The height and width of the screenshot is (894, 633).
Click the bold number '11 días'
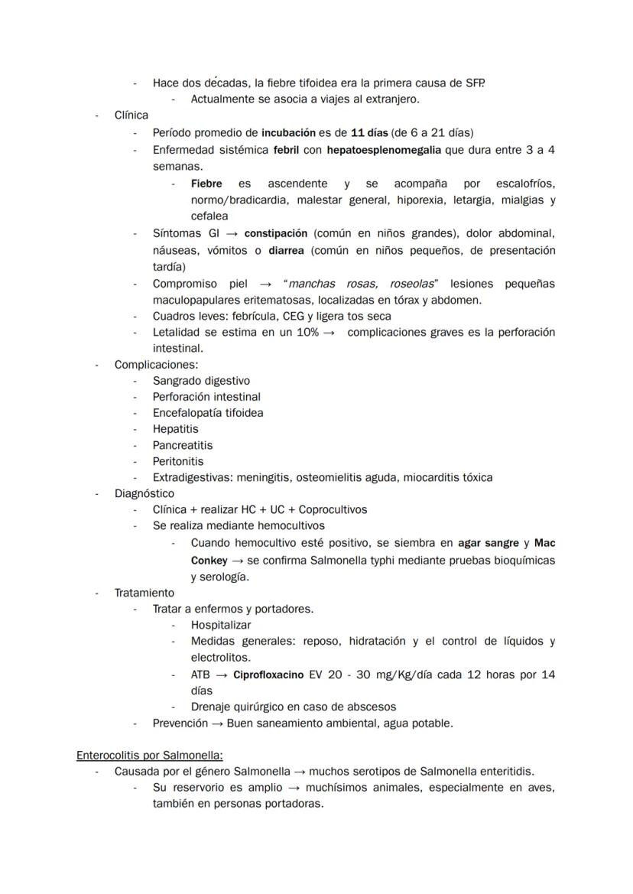369,132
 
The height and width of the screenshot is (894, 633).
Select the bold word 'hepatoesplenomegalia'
383,150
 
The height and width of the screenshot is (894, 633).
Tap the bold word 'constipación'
276,232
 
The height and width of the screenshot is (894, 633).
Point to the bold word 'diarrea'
288,250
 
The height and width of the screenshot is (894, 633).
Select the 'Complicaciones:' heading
156,365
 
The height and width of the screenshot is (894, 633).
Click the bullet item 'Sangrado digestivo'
201,381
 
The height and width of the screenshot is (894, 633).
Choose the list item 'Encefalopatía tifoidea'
208,413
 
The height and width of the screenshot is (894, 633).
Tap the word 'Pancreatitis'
183,445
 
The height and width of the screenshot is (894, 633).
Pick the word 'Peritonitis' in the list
178,461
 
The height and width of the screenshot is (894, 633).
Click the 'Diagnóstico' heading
144,493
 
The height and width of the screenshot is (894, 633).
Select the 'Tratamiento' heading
144,593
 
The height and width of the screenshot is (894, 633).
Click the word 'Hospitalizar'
221,625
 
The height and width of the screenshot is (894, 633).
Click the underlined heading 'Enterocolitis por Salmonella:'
150,755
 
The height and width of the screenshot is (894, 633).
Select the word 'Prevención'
180,723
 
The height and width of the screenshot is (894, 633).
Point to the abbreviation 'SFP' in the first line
474,83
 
